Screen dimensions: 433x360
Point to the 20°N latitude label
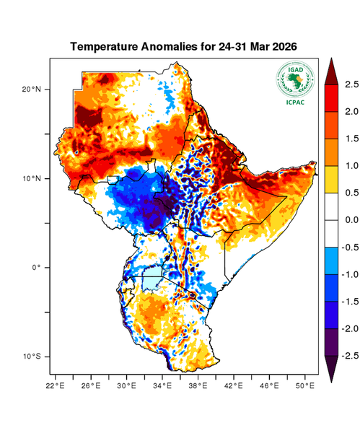click(33, 89)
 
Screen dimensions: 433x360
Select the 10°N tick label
click(33, 178)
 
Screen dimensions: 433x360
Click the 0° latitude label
click(38, 268)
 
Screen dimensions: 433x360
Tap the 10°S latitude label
click(33, 357)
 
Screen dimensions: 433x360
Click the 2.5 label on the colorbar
click(351, 84)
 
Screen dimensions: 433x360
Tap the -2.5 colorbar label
click(349, 356)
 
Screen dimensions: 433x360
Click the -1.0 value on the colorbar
click(349, 274)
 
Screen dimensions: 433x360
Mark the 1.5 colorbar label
click(351, 139)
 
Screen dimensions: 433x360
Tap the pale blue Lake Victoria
click(153, 278)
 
